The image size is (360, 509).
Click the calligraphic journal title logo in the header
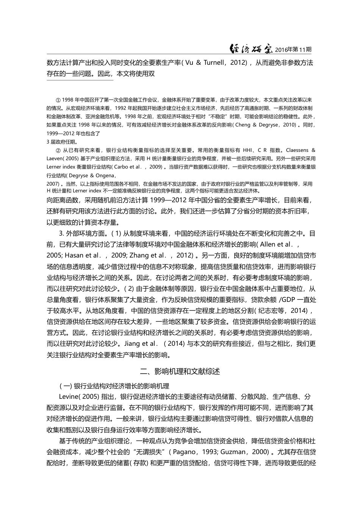(252, 49)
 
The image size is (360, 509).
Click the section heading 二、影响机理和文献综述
(180, 371)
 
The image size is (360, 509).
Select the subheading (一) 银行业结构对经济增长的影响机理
(114, 386)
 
